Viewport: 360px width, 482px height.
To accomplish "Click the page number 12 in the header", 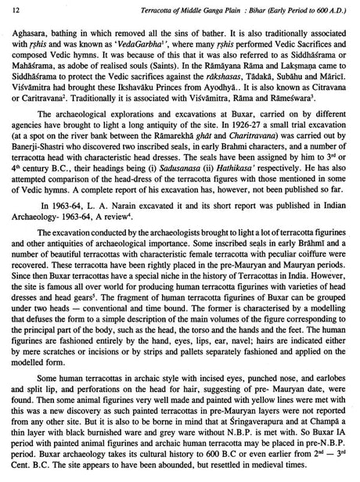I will point(13,9).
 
